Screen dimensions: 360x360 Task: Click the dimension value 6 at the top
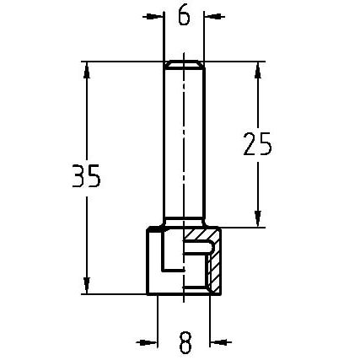point(184,15)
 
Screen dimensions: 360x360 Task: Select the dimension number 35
point(85,177)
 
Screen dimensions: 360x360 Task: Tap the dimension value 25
point(257,144)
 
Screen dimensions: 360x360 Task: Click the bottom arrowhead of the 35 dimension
point(86,287)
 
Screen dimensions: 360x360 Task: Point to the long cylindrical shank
point(184,143)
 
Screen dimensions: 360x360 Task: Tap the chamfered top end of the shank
point(184,64)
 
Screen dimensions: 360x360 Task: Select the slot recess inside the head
point(194,256)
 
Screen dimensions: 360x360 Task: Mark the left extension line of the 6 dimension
point(164,34)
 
